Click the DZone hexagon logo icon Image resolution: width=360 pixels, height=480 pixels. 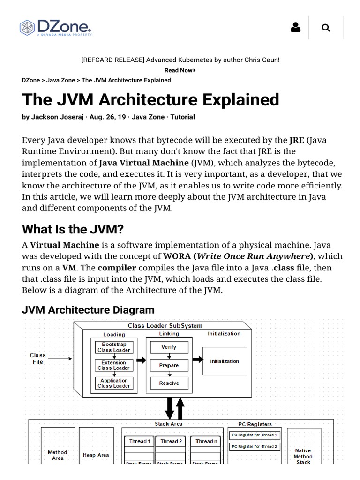(27, 28)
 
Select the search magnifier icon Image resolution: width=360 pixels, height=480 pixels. (326, 28)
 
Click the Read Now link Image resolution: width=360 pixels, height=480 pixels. (180, 70)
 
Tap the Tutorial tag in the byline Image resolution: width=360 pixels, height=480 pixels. (182, 117)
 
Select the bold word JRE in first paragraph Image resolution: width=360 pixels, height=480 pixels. (297, 140)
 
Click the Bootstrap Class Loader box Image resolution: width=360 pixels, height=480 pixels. (114, 347)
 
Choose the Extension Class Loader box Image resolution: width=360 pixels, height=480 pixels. (114, 365)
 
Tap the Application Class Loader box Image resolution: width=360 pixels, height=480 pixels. (114, 383)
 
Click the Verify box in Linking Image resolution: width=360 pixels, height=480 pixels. (169, 347)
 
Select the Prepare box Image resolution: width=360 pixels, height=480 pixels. (169, 365)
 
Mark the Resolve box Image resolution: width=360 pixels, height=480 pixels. (169, 383)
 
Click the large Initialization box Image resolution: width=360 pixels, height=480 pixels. (225, 361)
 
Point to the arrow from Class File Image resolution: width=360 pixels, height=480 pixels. (60, 359)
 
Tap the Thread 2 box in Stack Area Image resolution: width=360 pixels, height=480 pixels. (171, 441)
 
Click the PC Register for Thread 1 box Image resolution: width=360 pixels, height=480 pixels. (255, 435)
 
